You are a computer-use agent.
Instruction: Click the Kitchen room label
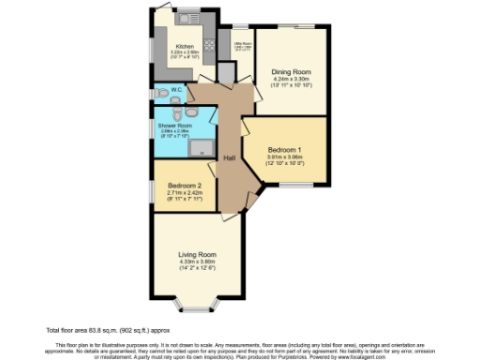click(x=185, y=46)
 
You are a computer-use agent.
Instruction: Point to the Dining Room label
click(x=290, y=71)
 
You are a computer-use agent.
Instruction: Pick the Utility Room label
click(x=241, y=43)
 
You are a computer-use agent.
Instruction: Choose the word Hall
click(x=229, y=157)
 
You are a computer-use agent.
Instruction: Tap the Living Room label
click(x=198, y=254)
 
